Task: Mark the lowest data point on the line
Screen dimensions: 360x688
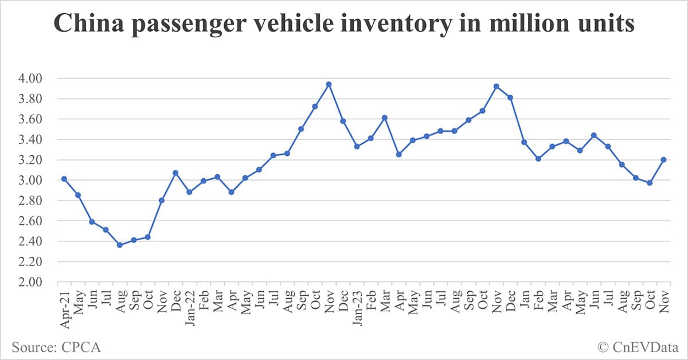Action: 119,245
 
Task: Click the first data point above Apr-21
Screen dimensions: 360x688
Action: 64,179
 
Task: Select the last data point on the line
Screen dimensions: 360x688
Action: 663,159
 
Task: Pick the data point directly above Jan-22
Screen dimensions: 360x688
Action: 189,192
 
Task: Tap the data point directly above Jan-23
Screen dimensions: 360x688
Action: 357,146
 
